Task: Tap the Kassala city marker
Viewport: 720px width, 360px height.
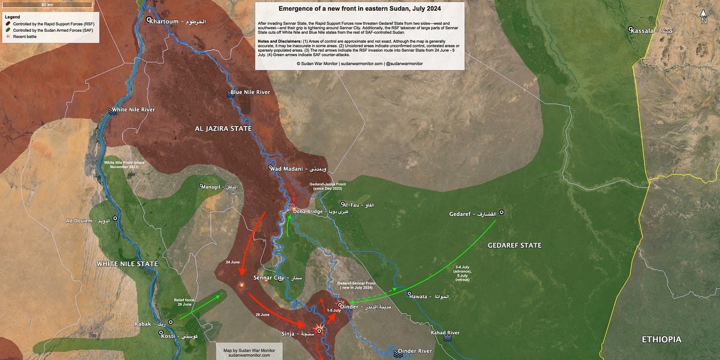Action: click(x=631, y=29)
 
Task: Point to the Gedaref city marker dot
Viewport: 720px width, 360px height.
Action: click(x=502, y=213)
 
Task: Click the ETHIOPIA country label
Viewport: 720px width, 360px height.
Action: click(x=661, y=340)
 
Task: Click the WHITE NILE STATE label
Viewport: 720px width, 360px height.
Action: click(x=128, y=264)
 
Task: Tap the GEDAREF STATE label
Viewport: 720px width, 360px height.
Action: click(x=514, y=245)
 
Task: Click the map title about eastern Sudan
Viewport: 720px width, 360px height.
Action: click(x=360, y=10)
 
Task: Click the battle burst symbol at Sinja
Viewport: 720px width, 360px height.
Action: click(x=320, y=331)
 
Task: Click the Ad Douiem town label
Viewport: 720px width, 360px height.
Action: click(x=88, y=221)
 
